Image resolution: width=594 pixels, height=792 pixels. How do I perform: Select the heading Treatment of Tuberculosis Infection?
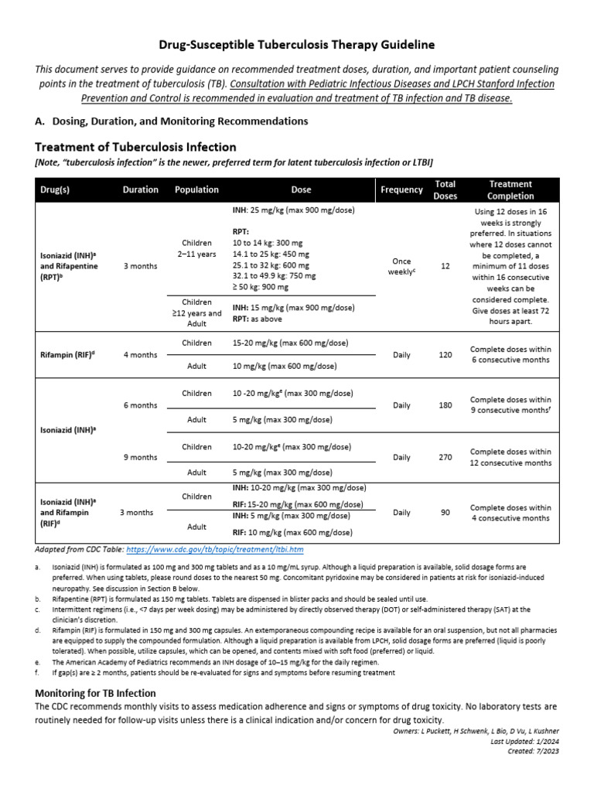pos(135,147)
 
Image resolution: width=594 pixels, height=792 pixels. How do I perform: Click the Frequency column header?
pos(401,189)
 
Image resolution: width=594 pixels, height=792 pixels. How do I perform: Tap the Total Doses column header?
pos(445,189)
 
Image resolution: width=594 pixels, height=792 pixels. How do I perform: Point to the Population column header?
pos(196,189)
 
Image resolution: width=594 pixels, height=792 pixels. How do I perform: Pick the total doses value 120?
pos(445,355)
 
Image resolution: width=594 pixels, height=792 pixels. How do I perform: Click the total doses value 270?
pos(445,457)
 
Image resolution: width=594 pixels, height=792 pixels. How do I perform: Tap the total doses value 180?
pos(445,405)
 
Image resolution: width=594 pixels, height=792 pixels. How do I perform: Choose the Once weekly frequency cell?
pos(401,265)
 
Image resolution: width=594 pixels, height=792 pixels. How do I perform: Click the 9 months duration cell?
pos(140,457)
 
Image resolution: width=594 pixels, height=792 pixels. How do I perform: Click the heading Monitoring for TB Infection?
pos(95,693)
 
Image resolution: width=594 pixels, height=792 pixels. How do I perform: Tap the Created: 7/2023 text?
pos(533,750)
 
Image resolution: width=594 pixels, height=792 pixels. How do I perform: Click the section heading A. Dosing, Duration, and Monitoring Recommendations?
pos(171,121)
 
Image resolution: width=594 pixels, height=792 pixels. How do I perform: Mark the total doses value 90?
pos(445,512)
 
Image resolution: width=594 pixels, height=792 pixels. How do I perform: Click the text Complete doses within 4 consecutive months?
pos(510,513)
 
